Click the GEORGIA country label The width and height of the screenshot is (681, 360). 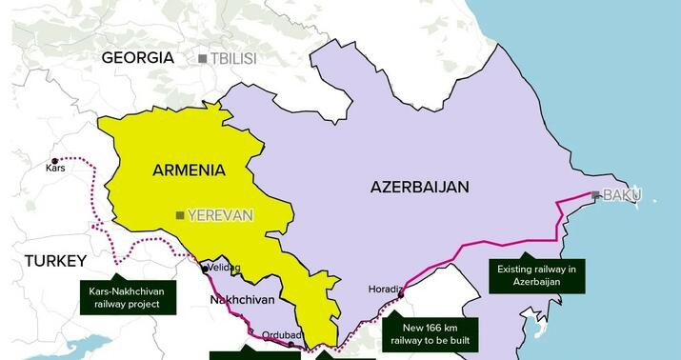[138, 58]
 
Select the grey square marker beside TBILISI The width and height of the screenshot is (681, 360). [202, 59]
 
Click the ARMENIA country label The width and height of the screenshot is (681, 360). [189, 170]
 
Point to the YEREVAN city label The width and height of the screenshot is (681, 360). [220, 215]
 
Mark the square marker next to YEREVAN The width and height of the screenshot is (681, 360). [179, 215]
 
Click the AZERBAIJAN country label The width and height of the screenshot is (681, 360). [419, 188]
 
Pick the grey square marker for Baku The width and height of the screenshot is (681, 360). [595, 195]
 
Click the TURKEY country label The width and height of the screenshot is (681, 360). [55, 261]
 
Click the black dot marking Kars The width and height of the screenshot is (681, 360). [54, 160]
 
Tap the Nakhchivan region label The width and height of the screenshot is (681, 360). [241, 300]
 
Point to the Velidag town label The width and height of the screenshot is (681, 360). [224, 269]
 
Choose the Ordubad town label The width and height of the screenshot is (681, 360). [284, 334]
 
